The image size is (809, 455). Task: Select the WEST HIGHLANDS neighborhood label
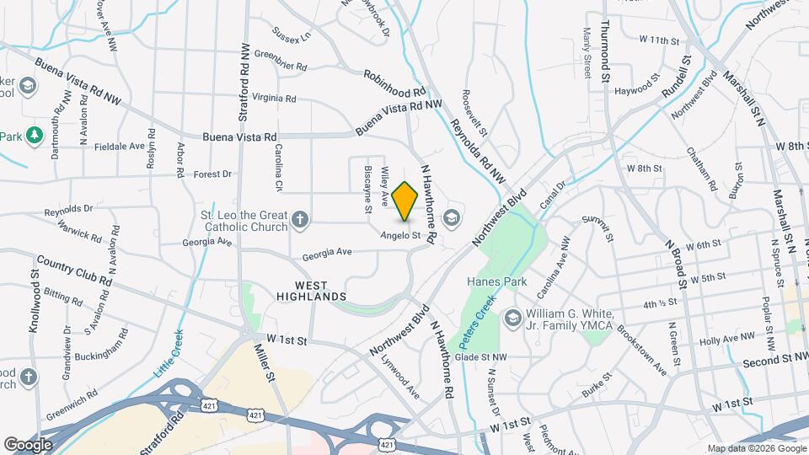click(x=308, y=291)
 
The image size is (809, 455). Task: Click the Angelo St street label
click(x=399, y=235)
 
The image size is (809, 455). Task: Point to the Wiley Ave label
click(x=384, y=186)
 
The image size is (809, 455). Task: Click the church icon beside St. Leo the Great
click(x=299, y=222)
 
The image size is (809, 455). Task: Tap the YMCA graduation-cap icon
click(x=512, y=319)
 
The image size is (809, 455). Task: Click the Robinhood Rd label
click(x=395, y=82)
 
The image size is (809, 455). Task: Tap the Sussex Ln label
click(x=292, y=35)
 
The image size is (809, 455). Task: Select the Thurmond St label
click(x=605, y=50)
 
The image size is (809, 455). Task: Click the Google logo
click(x=28, y=444)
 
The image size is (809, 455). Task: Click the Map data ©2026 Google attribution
click(x=754, y=448)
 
